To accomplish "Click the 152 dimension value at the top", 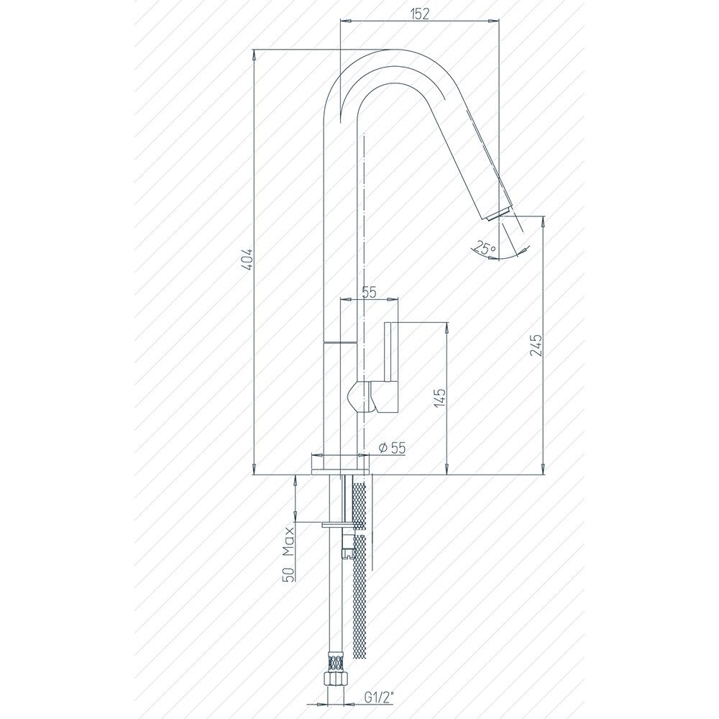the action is (420, 14).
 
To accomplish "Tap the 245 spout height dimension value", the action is (535, 345).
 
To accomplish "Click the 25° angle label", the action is (485, 248).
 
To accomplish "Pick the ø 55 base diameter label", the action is (393, 447).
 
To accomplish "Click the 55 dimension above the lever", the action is (369, 292).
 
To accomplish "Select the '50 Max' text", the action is (289, 554).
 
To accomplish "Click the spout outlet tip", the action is (498, 214).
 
